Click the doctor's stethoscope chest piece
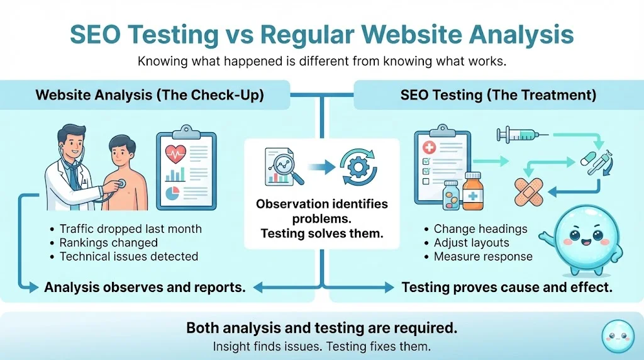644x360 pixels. click(121, 184)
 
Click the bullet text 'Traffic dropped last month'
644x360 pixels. click(130, 229)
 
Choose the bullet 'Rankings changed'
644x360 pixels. click(108, 242)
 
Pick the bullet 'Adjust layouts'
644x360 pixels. click(471, 242)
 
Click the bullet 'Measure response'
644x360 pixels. click(483, 256)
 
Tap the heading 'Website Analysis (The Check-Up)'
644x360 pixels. click(150, 95)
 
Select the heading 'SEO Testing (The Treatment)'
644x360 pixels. click(498, 95)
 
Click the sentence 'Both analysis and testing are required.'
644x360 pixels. click(321, 328)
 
